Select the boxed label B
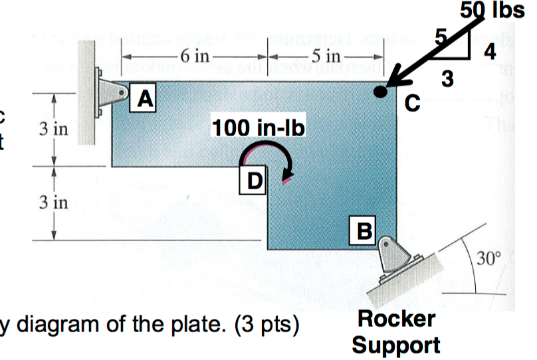point(365,229)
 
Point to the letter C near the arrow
point(412,103)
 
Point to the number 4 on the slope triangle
point(489,53)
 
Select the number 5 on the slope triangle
point(439,35)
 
